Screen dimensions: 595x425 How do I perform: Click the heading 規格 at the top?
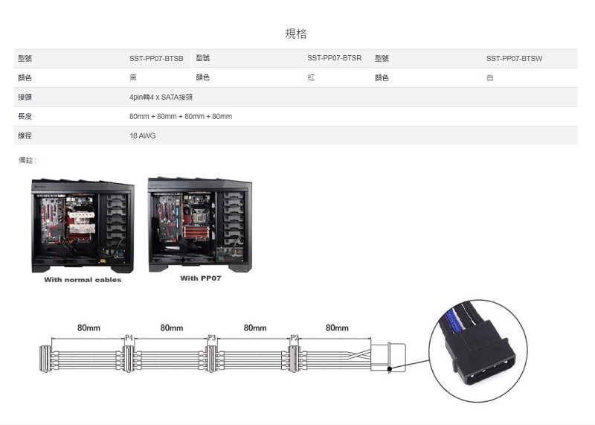click(x=295, y=33)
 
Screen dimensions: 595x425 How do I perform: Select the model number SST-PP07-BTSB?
click(x=156, y=59)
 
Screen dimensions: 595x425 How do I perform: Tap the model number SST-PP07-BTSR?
click(x=334, y=58)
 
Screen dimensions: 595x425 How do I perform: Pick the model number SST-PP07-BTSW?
click(x=514, y=59)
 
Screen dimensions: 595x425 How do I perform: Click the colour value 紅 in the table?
click(x=311, y=77)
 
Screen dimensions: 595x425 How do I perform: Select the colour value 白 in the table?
click(x=490, y=78)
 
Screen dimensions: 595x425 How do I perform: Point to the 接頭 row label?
click(x=25, y=98)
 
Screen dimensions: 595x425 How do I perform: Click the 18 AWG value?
click(x=142, y=135)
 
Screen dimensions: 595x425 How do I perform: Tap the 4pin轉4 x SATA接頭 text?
click(x=161, y=98)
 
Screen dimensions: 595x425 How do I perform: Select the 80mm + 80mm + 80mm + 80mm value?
click(x=181, y=117)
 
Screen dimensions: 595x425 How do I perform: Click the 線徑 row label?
click(x=25, y=135)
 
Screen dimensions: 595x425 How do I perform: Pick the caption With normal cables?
click(x=83, y=280)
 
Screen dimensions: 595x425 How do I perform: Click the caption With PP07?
click(x=201, y=278)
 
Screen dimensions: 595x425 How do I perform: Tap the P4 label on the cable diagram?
click(x=129, y=338)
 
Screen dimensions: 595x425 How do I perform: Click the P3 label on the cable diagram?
click(x=212, y=338)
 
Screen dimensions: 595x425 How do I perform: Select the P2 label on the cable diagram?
click(x=295, y=338)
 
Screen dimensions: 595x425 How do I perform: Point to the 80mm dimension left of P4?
click(x=89, y=327)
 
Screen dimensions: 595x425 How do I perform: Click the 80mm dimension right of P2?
click(x=337, y=327)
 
